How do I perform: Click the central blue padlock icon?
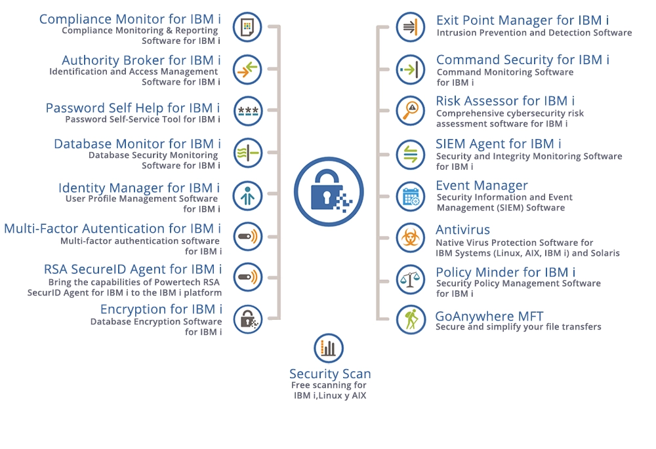click(x=329, y=192)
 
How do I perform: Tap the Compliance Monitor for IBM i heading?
click(x=130, y=19)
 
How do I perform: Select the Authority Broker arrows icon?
click(x=247, y=69)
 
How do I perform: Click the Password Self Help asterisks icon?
click(x=248, y=111)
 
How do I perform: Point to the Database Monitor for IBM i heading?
click(x=137, y=144)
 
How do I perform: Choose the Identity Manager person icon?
click(x=248, y=195)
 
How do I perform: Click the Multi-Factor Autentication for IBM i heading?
click(x=113, y=229)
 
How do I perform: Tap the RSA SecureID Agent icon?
click(x=248, y=277)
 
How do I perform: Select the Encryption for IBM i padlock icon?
click(x=248, y=320)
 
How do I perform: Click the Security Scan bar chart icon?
click(x=329, y=348)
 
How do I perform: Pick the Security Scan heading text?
click(x=330, y=374)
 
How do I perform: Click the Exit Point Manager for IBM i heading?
click(x=523, y=20)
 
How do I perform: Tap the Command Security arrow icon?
click(x=411, y=69)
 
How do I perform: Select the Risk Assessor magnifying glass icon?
click(x=411, y=111)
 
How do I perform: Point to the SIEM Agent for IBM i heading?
click(x=499, y=144)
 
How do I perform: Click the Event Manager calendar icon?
click(x=411, y=197)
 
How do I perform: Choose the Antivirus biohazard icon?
click(x=411, y=238)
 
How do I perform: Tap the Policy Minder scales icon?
click(x=411, y=279)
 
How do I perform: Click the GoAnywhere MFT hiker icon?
click(x=411, y=320)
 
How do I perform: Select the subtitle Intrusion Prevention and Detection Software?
click(x=534, y=33)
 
